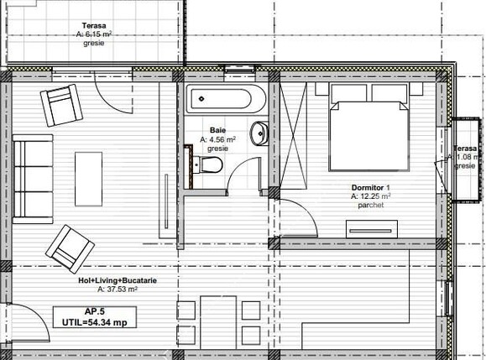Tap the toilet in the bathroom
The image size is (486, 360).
tap(212, 164)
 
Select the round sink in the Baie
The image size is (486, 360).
tap(261, 133)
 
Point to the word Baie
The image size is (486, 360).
tap(218, 131)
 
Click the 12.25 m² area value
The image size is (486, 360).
tap(375, 196)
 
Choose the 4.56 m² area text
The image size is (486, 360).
tap(220, 139)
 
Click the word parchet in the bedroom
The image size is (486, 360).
tap(369, 205)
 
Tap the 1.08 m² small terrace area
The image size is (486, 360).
tap(466, 157)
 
